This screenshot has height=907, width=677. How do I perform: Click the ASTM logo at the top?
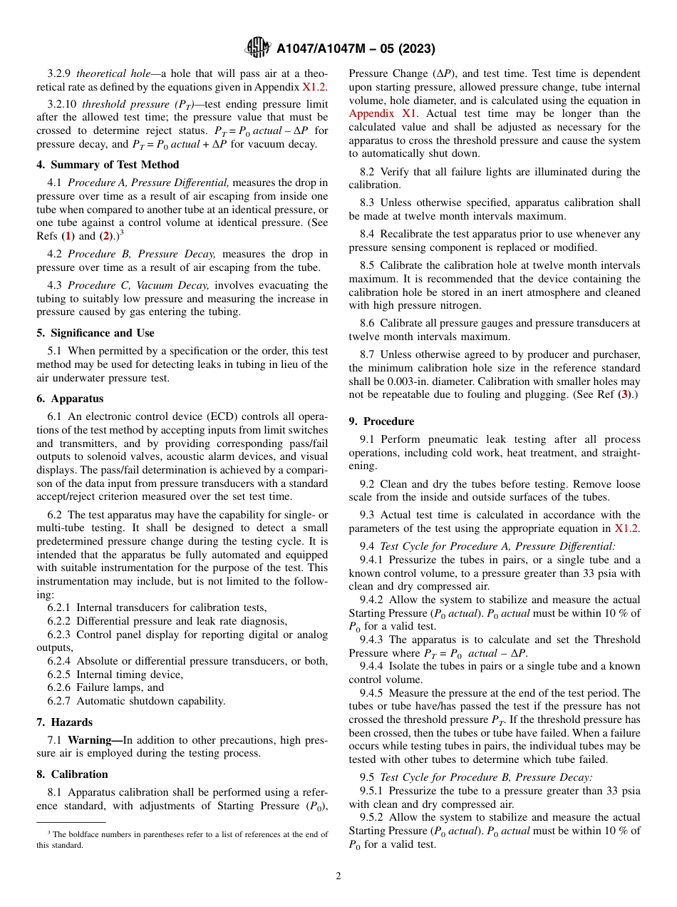(x=257, y=48)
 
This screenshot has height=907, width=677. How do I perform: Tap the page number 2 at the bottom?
(x=338, y=876)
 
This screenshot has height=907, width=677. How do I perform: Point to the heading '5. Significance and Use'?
(x=95, y=333)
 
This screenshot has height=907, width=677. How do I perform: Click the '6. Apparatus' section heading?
(x=70, y=399)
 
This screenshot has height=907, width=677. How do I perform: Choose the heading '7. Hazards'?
(x=65, y=722)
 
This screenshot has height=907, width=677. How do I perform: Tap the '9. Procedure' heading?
(x=381, y=421)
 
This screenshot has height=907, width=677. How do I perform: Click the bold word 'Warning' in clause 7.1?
(x=95, y=740)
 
